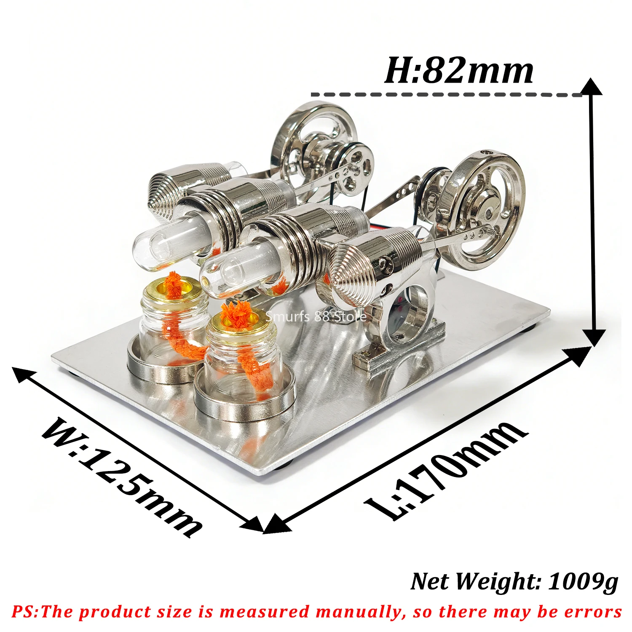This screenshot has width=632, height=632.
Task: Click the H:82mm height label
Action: pyautogui.click(x=459, y=70)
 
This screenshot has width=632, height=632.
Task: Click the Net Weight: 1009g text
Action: pyautogui.click(x=514, y=582)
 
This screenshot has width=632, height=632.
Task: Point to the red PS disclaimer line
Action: pyautogui.click(x=316, y=611)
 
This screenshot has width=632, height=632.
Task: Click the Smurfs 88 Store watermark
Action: pyautogui.click(x=316, y=316)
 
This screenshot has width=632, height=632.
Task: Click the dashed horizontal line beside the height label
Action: pyautogui.click(x=447, y=94)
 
